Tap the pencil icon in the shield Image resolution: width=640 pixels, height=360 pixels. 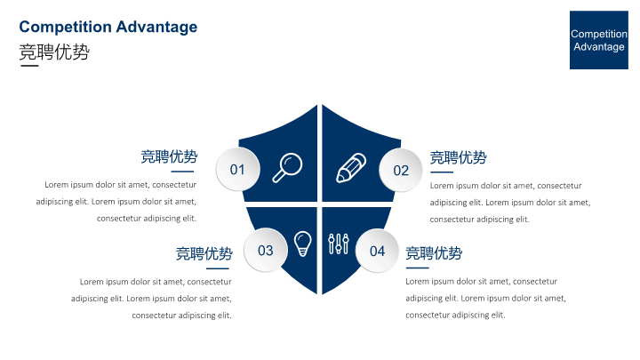coord(350,168)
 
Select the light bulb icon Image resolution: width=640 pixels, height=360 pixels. coord(302,244)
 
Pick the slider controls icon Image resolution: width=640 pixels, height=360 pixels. coord(339,244)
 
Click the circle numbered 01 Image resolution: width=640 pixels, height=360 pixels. coord(237,170)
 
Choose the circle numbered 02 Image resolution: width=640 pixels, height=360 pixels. coord(401,170)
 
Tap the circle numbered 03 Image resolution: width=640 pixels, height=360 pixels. coord(265,250)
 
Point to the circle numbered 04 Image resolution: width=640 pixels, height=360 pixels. coord(377,251)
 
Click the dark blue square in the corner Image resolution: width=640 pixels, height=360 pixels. coord(599,40)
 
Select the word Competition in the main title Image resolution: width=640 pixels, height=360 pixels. coord(65,27)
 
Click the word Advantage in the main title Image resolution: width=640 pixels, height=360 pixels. coord(156,27)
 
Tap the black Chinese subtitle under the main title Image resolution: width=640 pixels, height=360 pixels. coord(54,52)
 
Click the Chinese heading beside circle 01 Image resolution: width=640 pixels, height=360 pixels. coord(169,156)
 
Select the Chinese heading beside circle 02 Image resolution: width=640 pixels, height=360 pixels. coord(458,157)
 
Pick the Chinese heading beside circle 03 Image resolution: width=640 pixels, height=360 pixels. coord(204,253)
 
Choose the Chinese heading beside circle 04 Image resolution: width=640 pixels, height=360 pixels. coord(434,253)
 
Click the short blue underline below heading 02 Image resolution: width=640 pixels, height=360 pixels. coord(442,172)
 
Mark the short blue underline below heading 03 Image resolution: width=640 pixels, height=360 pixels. coord(218,268)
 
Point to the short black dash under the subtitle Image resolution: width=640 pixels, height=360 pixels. coord(29,65)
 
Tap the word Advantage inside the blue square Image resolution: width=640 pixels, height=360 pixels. coord(599,47)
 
